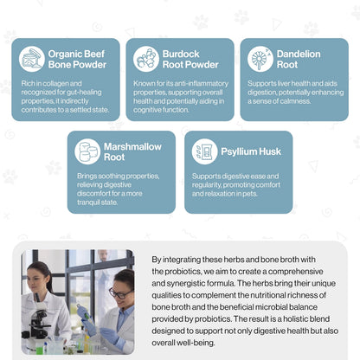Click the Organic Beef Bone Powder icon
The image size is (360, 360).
(x=32, y=59)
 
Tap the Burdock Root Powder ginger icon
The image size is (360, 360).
(x=146, y=59)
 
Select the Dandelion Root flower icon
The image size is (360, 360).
(x=260, y=59)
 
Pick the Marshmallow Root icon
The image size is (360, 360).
(x=87, y=151)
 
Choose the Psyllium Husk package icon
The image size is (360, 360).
(x=205, y=151)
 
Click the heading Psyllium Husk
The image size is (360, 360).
(x=251, y=151)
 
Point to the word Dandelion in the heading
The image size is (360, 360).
(x=299, y=54)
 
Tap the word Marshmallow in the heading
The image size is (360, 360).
(x=132, y=146)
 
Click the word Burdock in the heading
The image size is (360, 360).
(x=181, y=54)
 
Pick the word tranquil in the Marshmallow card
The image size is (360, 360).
(x=88, y=202)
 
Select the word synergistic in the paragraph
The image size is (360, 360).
(x=188, y=283)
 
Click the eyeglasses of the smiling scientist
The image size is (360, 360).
(x=119, y=294)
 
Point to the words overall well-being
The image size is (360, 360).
(x=183, y=343)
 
